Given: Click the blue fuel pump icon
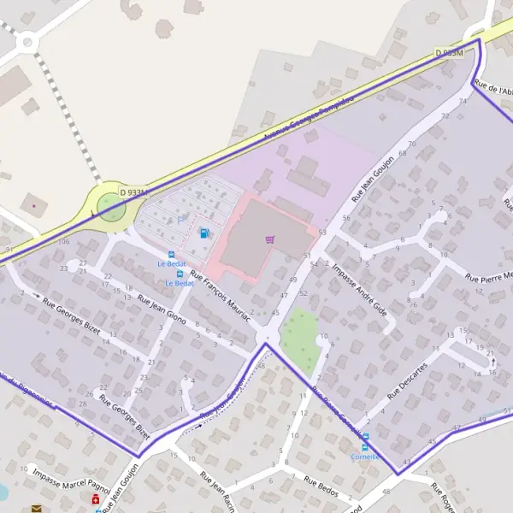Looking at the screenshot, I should click(204, 233).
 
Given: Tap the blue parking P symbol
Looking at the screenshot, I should click(180, 220).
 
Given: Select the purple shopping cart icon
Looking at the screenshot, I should click(271, 239).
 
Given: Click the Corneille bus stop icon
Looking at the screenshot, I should click(366, 445).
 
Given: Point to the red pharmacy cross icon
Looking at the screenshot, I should click(95, 498).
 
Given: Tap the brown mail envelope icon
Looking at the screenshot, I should click(36, 509).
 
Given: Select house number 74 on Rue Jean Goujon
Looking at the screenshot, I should click(463, 101).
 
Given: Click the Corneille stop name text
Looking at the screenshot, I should click(366, 456).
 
